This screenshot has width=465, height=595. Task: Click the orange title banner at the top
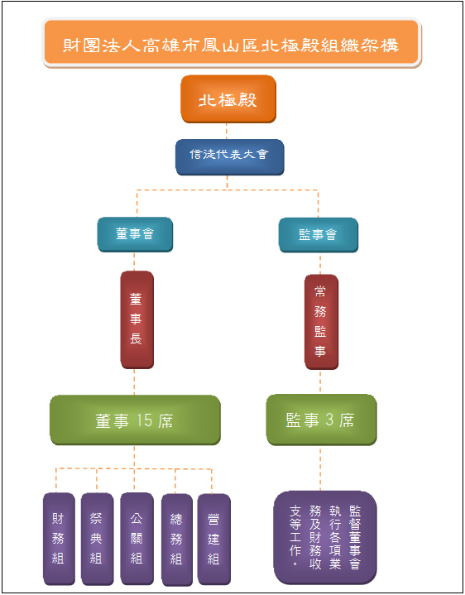tap(232, 43)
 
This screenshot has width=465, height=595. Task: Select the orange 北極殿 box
tap(228, 99)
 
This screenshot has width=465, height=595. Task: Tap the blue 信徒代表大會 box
tap(229, 157)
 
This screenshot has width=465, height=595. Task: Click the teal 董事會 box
tap(135, 234)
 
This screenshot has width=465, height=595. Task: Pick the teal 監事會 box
tap(319, 235)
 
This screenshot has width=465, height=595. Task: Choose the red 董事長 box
tap(137, 319)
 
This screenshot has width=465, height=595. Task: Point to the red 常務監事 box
tap(321, 322)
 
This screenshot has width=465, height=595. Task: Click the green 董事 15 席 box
tap(135, 420)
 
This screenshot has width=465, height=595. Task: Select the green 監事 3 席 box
tap(321, 420)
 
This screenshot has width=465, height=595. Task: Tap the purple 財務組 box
tap(59, 539)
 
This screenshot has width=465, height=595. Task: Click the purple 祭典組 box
tap(97, 539)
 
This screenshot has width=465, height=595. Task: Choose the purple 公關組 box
tap(137, 539)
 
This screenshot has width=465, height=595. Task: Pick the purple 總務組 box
tap(177, 540)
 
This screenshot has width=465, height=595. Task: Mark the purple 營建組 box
tap(214, 540)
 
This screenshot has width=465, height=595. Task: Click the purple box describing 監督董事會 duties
tap(325, 537)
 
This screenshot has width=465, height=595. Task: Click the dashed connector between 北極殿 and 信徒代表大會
tap(227, 132)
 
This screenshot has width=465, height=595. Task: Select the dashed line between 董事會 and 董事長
tap(134, 262)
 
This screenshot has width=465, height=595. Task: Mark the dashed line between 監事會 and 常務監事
tap(320, 264)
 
